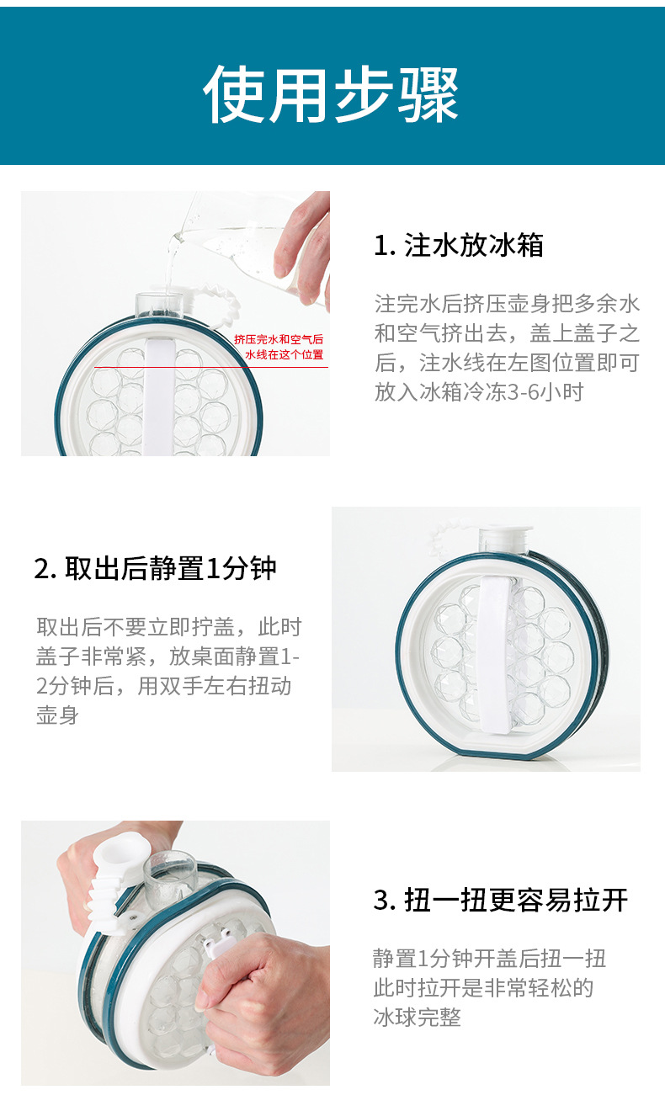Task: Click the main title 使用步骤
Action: pos(331,94)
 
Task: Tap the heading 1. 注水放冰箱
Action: pos(459,245)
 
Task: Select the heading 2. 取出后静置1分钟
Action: pos(155,568)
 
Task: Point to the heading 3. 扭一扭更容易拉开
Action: pos(501,900)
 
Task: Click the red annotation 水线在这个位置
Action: pos(285,354)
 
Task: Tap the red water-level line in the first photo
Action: pos(210,367)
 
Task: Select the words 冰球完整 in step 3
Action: pos(417,1017)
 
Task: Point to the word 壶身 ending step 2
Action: pos(57,715)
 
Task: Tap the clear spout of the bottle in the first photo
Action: pos(159,305)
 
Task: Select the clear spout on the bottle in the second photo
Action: pos(505,540)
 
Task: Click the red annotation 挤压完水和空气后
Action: pos(279,339)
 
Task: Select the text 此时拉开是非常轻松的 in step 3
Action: pos(483,987)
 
